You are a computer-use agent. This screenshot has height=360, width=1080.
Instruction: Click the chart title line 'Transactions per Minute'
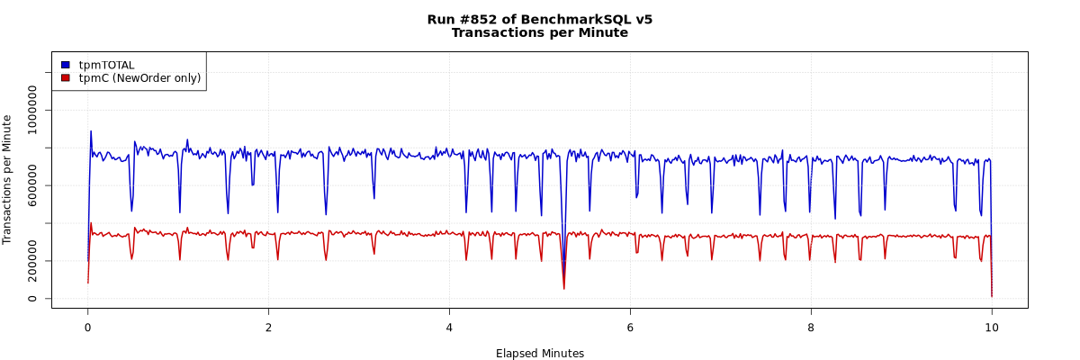click(x=539, y=33)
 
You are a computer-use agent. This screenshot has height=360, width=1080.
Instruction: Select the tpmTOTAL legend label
click(x=106, y=65)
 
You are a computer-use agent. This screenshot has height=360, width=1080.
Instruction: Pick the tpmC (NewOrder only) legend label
click(x=139, y=78)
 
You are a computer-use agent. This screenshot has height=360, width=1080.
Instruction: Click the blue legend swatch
click(x=65, y=65)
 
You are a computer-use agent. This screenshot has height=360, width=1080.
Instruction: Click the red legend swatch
click(x=65, y=78)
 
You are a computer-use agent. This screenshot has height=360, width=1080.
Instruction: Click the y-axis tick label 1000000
click(x=33, y=110)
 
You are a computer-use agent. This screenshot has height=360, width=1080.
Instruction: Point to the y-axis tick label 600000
click(x=33, y=185)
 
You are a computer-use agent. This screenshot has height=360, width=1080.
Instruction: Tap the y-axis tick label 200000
click(x=33, y=261)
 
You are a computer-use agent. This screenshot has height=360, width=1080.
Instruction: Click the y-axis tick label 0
click(x=33, y=299)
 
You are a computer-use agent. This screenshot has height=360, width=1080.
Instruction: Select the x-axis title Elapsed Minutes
click(x=539, y=354)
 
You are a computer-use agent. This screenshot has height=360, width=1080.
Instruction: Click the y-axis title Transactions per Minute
click(x=7, y=179)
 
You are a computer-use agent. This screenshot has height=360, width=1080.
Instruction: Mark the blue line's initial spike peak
click(x=90, y=131)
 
